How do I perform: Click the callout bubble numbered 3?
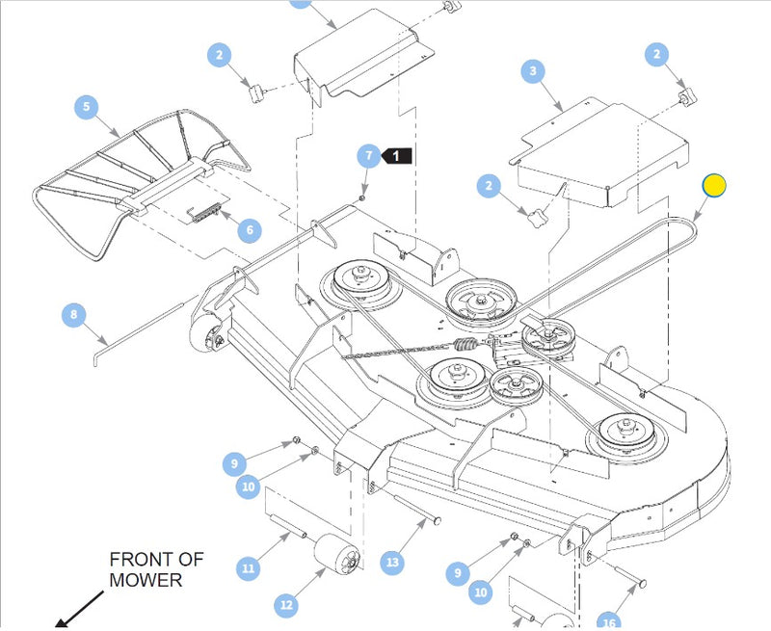coord(533,71)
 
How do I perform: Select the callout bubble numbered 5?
coord(87,106)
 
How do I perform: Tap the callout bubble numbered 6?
coord(249,230)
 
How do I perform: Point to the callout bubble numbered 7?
coord(367,156)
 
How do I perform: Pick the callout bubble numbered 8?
coord(73,315)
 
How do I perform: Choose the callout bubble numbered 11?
coord(249,569)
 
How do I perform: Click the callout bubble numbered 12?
coord(286,605)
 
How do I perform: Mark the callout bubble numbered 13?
coord(391,562)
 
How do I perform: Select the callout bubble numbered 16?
coord(608,621)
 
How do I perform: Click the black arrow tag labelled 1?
coord(398,155)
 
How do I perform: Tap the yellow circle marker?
coord(714,185)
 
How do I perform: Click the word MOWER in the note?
coord(145,581)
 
